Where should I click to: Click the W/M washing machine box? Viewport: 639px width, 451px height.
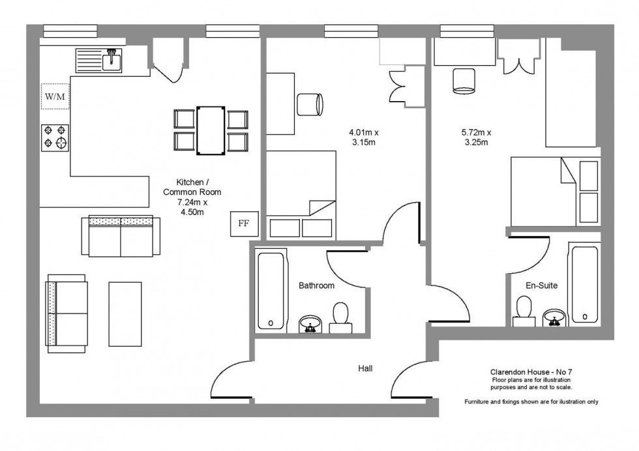coord(55,96)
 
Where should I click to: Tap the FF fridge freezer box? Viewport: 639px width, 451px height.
coord(244,224)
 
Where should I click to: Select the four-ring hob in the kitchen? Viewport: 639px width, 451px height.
coord(55,138)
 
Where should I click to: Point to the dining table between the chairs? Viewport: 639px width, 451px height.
coord(210,131)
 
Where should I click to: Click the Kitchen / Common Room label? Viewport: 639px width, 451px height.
coord(192,187)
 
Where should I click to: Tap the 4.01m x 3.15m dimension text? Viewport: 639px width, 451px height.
coord(364,138)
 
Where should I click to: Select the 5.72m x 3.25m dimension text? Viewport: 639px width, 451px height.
coord(476,138)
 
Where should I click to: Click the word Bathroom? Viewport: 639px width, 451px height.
coord(317,285)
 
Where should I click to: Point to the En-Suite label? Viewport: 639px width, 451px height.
coord(541,285)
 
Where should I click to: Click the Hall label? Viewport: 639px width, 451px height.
coord(365,368)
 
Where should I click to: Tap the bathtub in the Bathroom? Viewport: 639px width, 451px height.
coord(271,291)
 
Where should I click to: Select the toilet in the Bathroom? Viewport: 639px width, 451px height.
coord(340,318)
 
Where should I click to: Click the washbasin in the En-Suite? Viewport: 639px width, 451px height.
coord(554,318)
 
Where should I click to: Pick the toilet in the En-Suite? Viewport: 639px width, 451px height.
coord(524,312)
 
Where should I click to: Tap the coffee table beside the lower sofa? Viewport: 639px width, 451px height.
coord(125,314)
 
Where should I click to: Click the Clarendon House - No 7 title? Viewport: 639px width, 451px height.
coord(531,372)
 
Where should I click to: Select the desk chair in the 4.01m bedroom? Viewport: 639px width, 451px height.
coord(310,105)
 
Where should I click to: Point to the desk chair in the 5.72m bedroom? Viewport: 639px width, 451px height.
coord(464,81)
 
